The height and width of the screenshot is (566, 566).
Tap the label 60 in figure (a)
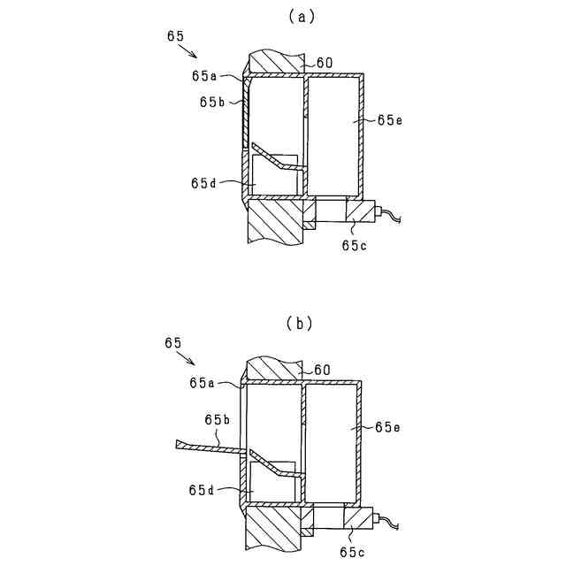click(x=323, y=63)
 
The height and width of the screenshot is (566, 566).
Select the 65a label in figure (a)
click(x=205, y=76)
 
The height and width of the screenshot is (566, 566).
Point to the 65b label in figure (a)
click(x=212, y=103)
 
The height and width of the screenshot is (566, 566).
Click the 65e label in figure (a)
click(x=389, y=119)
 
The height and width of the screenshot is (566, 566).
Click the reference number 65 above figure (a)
click(x=175, y=36)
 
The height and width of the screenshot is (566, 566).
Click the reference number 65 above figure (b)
click(x=173, y=342)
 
